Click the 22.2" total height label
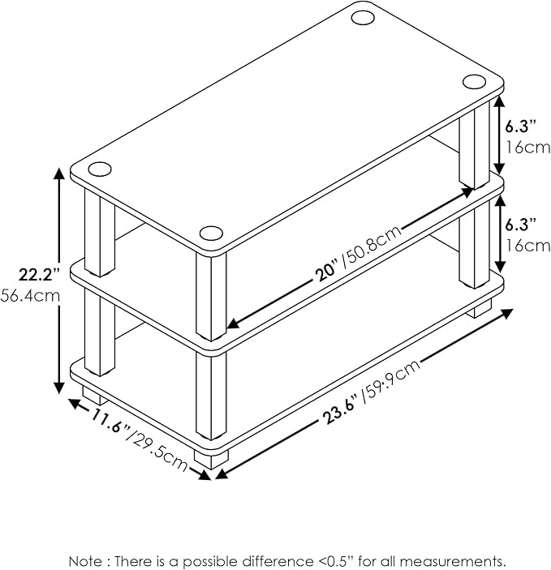click(x=39, y=275)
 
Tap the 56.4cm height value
click(x=30, y=296)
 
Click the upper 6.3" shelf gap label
click(x=520, y=126)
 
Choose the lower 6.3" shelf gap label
click(x=520, y=225)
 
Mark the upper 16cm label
click(x=528, y=148)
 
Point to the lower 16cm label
click(x=528, y=246)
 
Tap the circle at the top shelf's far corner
click(x=363, y=17)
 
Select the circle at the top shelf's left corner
click(x=99, y=169)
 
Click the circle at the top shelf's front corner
click(x=211, y=234)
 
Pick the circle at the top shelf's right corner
click(x=474, y=81)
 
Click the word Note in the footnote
click(x=85, y=560)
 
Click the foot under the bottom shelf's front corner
click(x=211, y=459)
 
